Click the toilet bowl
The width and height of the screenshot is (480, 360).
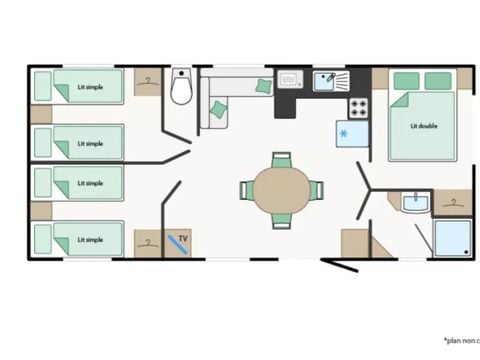(x=181, y=88)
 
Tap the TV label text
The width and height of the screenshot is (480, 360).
(x=183, y=239)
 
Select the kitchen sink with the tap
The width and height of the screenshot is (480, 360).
(x=328, y=79)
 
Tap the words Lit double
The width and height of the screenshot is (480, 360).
(x=423, y=126)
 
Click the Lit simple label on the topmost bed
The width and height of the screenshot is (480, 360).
(x=90, y=86)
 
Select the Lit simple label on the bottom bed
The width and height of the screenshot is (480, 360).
(x=90, y=239)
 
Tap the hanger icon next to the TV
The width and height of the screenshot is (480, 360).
(x=148, y=241)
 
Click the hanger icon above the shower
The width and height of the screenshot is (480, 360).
(x=454, y=203)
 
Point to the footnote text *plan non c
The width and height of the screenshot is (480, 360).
(x=456, y=339)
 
